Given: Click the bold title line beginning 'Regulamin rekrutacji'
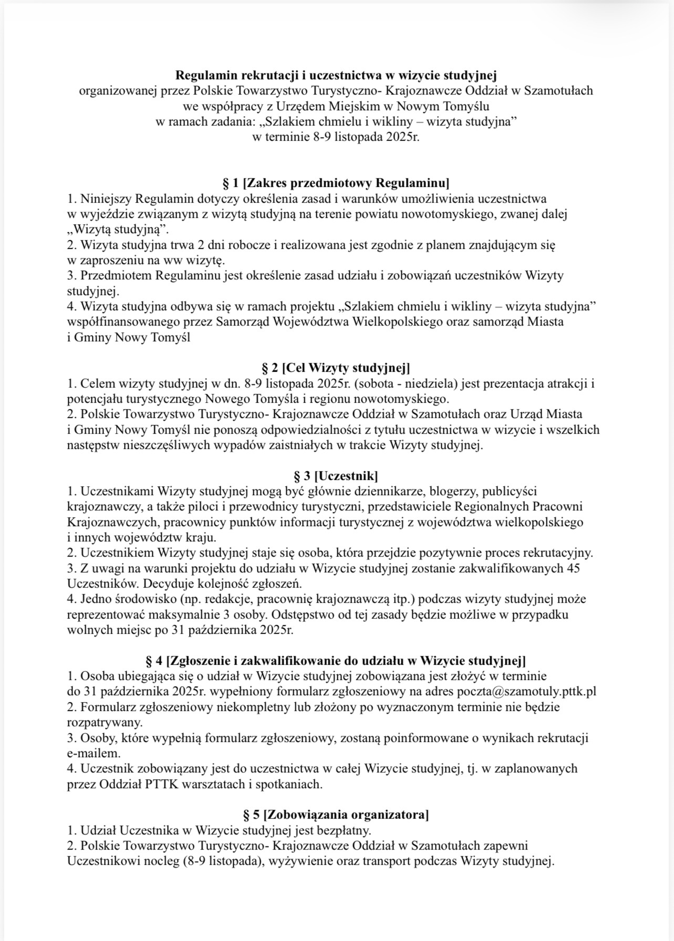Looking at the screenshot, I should pyautogui.click(x=336, y=75).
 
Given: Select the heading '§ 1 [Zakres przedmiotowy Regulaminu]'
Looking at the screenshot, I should pyautogui.click(x=336, y=183).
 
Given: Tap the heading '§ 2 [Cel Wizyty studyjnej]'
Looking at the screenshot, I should pyautogui.click(x=336, y=367).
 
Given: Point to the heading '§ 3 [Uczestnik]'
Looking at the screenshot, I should pyautogui.click(x=336, y=476).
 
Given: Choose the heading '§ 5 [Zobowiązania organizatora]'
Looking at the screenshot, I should pyautogui.click(x=336, y=815).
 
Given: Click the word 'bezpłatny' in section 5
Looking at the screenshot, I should pyautogui.click(x=345, y=831).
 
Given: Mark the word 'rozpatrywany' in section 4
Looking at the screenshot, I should pyautogui.click(x=97, y=722).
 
